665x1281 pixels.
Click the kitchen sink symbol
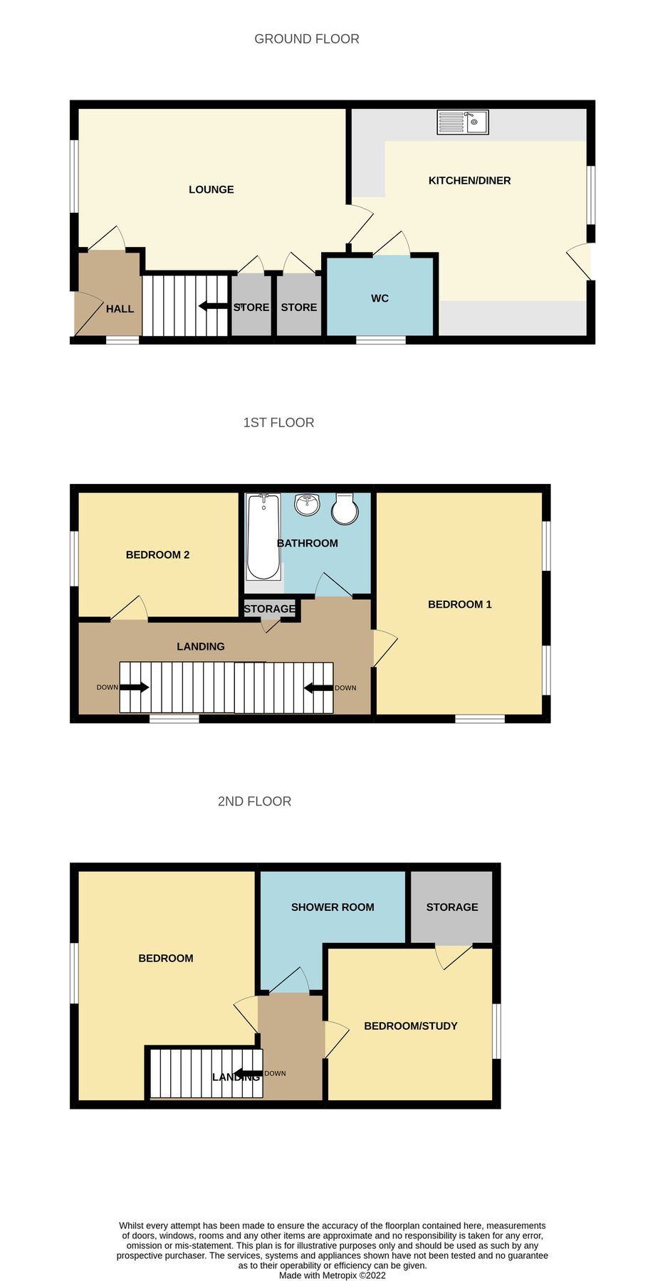[462, 122]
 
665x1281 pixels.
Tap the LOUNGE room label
[211, 189]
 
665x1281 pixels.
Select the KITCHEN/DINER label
[469, 181]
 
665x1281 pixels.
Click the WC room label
[379, 298]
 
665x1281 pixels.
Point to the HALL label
[120, 309]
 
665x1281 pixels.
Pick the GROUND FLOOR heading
[306, 39]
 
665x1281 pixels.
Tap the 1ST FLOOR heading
[278, 423]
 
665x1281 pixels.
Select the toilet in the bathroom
[345, 508]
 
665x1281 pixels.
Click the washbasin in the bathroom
[308, 505]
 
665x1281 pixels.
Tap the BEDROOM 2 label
[157, 555]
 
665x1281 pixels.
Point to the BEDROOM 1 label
[459, 605]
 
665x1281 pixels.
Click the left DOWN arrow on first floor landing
[134, 687]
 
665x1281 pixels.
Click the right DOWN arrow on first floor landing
[318, 687]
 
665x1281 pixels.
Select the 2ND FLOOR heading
[254, 801]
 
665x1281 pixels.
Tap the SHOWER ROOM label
[332, 907]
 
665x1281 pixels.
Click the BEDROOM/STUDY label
[410, 1026]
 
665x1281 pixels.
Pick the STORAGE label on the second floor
[452, 907]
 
